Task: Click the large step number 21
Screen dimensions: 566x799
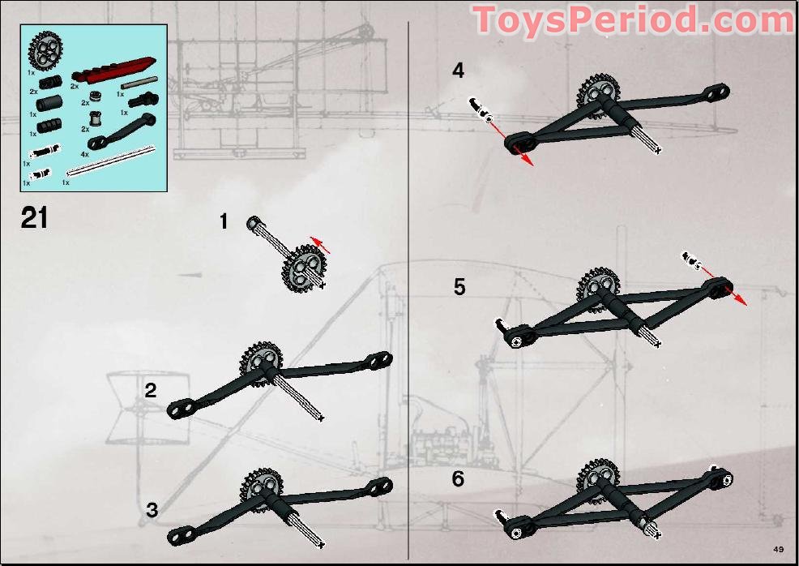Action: pos(35,218)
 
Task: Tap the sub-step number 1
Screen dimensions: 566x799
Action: pos(224,221)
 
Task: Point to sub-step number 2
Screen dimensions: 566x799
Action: pos(151,391)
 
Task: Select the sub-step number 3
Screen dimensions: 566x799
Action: pos(152,511)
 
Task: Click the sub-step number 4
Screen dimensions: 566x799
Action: pos(459,71)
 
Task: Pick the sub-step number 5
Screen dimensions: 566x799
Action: pos(459,287)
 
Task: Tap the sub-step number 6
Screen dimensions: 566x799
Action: pos(459,479)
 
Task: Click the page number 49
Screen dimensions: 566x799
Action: pos(779,549)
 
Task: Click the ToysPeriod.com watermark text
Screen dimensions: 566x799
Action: pos(633,20)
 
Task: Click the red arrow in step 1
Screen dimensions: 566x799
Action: pos(320,245)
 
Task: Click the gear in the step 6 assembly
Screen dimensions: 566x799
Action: pos(598,478)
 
